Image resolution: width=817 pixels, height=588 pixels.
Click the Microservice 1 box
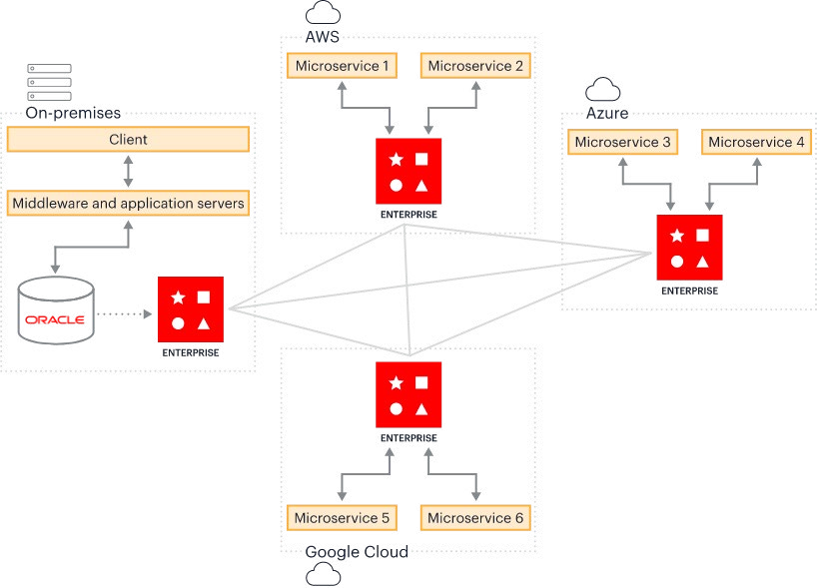[342, 66]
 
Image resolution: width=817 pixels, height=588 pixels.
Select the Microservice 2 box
[475, 66]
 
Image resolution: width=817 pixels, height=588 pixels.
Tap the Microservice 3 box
[622, 142]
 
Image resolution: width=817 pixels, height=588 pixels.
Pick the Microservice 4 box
[756, 142]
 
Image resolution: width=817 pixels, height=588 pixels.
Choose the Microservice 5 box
[342, 518]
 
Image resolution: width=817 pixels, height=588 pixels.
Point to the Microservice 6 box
[475, 518]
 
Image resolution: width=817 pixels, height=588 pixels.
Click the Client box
[128, 140]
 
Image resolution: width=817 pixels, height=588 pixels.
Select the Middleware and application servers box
[128, 203]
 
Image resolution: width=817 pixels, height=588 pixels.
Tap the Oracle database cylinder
[56, 310]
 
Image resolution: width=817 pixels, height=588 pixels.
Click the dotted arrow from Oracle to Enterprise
[125, 314]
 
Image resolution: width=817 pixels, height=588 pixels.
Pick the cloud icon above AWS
[323, 13]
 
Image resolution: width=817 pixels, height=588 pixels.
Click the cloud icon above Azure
[603, 89]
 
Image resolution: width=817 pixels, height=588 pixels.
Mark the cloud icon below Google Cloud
[323, 574]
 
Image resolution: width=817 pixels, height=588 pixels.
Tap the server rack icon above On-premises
[50, 82]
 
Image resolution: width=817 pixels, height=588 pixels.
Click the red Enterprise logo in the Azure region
[689, 248]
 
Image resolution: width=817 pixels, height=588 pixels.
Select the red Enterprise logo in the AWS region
[408, 171]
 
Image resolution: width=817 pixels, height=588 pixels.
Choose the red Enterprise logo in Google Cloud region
[408, 394]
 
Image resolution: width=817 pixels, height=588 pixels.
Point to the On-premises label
[73, 113]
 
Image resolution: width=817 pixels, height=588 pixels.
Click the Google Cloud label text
[357, 551]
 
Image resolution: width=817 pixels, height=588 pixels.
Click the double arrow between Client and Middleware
[128, 172]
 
